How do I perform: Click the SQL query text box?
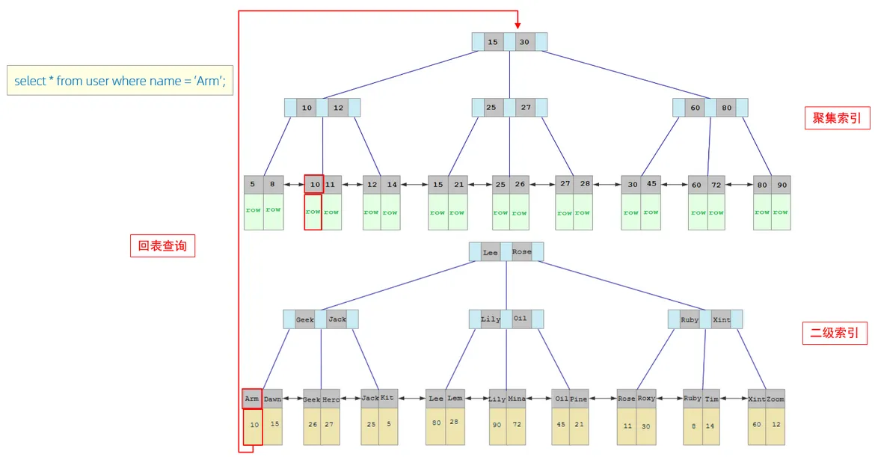(120, 81)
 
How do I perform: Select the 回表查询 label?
(162, 245)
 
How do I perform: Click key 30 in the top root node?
(524, 42)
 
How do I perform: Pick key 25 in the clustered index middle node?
(491, 108)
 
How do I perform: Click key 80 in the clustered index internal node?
(726, 108)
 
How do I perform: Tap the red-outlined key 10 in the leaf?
(314, 184)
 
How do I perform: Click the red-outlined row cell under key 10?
(313, 212)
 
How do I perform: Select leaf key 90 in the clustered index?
(782, 185)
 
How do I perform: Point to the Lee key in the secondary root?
(491, 252)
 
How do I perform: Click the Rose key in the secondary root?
(522, 252)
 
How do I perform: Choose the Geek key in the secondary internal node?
(305, 319)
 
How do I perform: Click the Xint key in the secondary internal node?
(722, 319)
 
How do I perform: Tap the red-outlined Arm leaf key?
(252, 399)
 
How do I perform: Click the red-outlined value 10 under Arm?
(253, 426)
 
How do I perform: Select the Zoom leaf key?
(776, 399)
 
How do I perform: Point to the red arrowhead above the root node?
(517, 26)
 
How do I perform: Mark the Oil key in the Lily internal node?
(521, 319)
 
